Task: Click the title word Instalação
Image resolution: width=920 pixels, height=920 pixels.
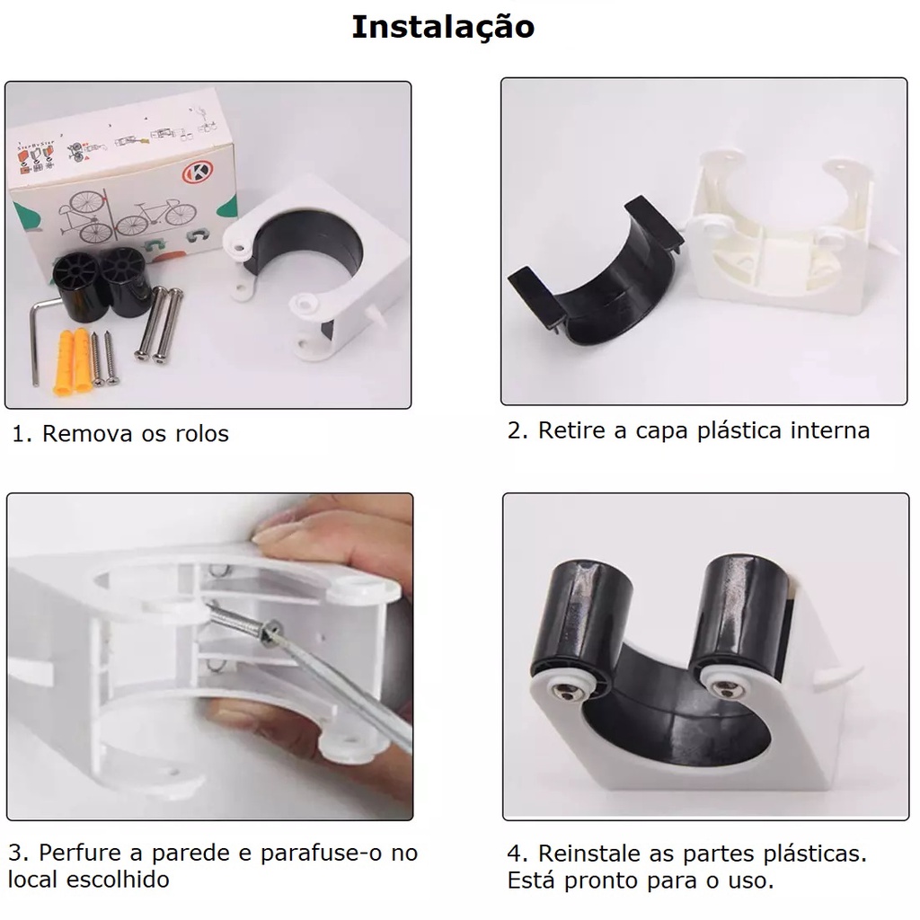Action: point(443,28)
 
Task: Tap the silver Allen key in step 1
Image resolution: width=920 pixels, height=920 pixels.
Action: point(35,341)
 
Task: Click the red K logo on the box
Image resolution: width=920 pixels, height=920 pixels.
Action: point(197,173)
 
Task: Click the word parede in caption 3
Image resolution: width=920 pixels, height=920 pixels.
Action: point(192,854)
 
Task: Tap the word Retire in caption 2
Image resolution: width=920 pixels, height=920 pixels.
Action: point(572,430)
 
